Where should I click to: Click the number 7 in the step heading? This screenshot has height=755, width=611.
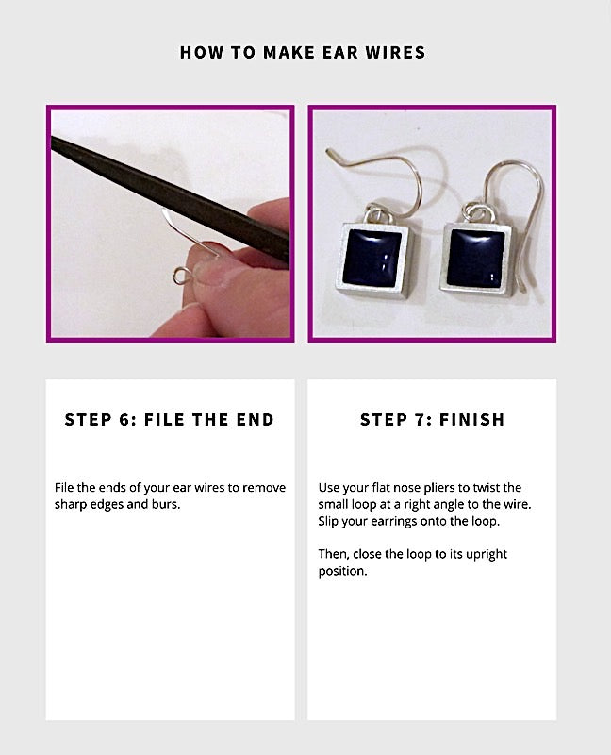pos(421,420)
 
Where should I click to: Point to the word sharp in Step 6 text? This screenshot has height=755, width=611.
pos(74,504)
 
